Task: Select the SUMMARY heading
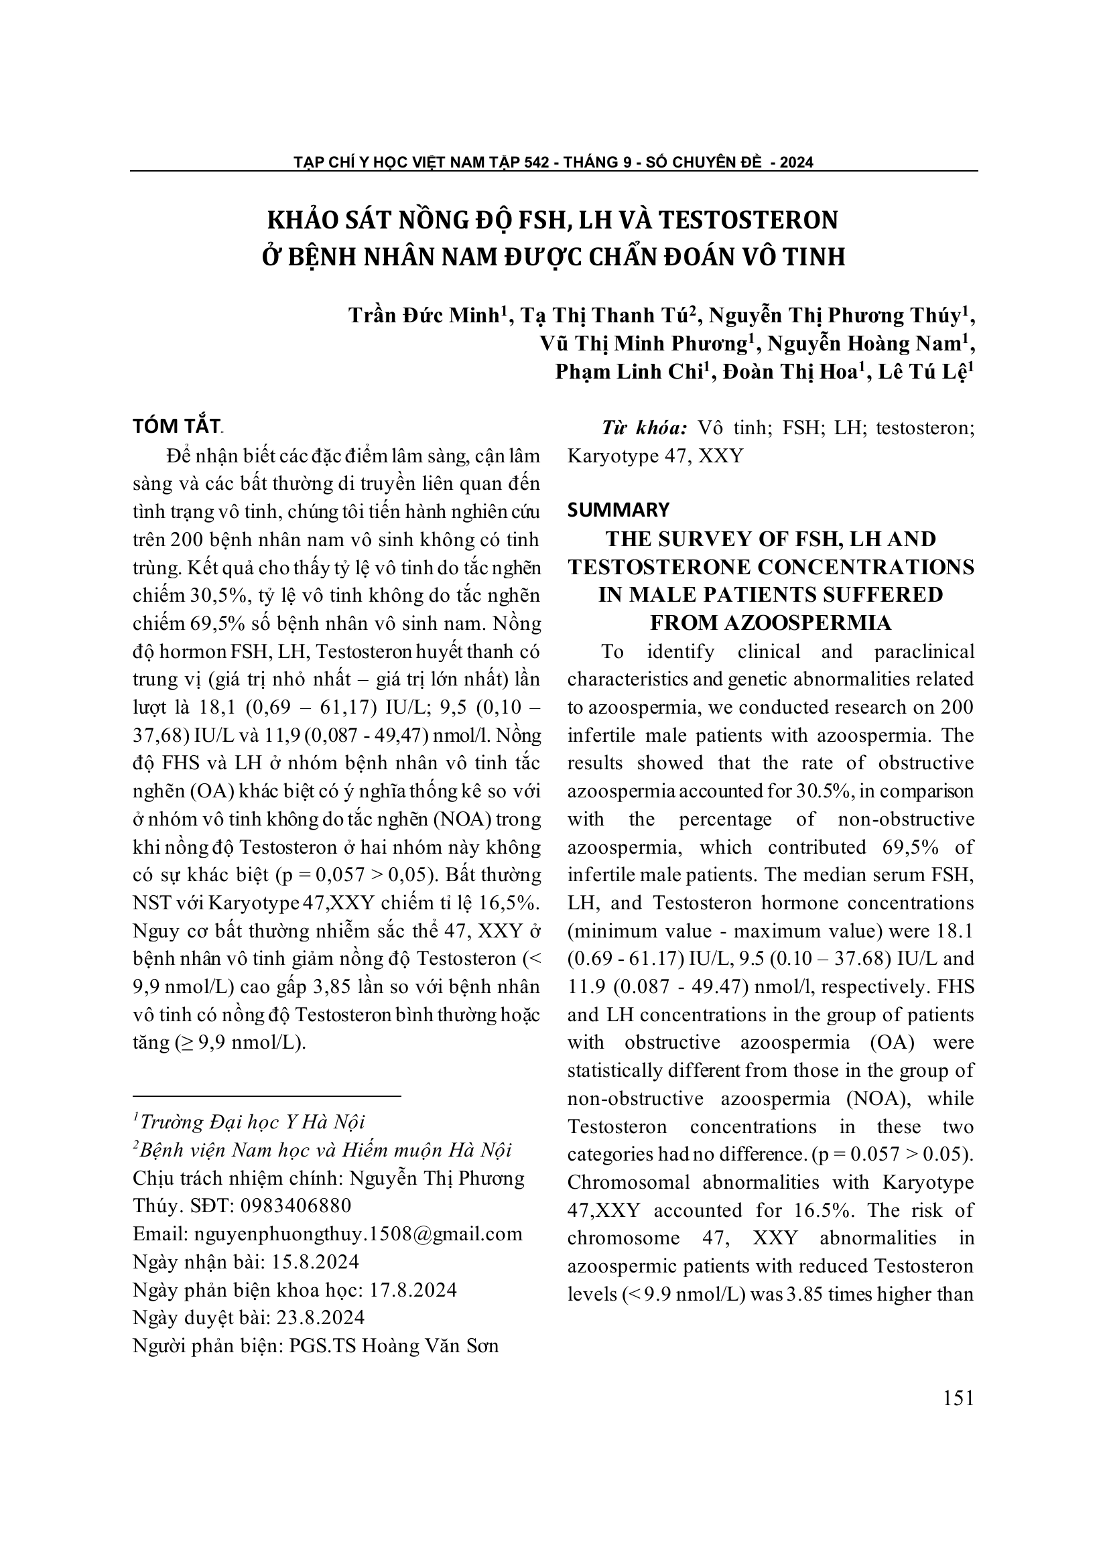618,509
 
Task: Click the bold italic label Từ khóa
643,428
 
